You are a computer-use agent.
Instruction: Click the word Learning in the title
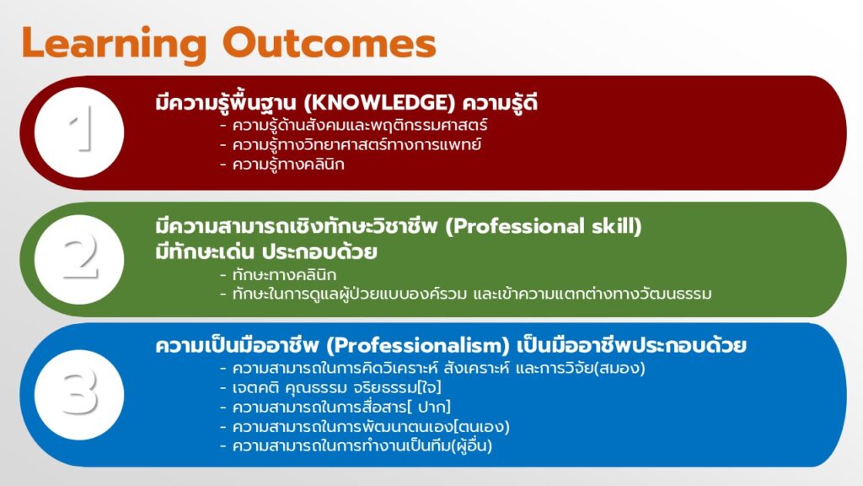point(114,44)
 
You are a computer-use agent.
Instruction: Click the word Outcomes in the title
point(330,43)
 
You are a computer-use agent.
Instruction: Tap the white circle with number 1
point(79,132)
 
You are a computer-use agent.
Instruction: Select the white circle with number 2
point(79,259)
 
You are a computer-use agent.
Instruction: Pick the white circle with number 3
point(79,395)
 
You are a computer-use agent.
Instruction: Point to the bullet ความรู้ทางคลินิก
point(288,165)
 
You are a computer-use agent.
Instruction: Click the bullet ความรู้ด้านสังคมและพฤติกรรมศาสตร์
point(359,126)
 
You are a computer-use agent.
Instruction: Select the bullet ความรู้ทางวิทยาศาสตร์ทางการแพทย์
point(356,145)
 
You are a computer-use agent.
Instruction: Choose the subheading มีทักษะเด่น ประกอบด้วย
point(266,251)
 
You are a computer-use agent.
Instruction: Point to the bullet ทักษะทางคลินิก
point(284,274)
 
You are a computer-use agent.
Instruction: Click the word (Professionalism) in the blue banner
point(418,346)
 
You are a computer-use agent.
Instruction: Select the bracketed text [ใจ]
point(430,387)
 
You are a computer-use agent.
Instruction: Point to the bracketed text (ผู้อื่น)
point(471,445)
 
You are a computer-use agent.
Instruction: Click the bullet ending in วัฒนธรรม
point(472,294)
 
